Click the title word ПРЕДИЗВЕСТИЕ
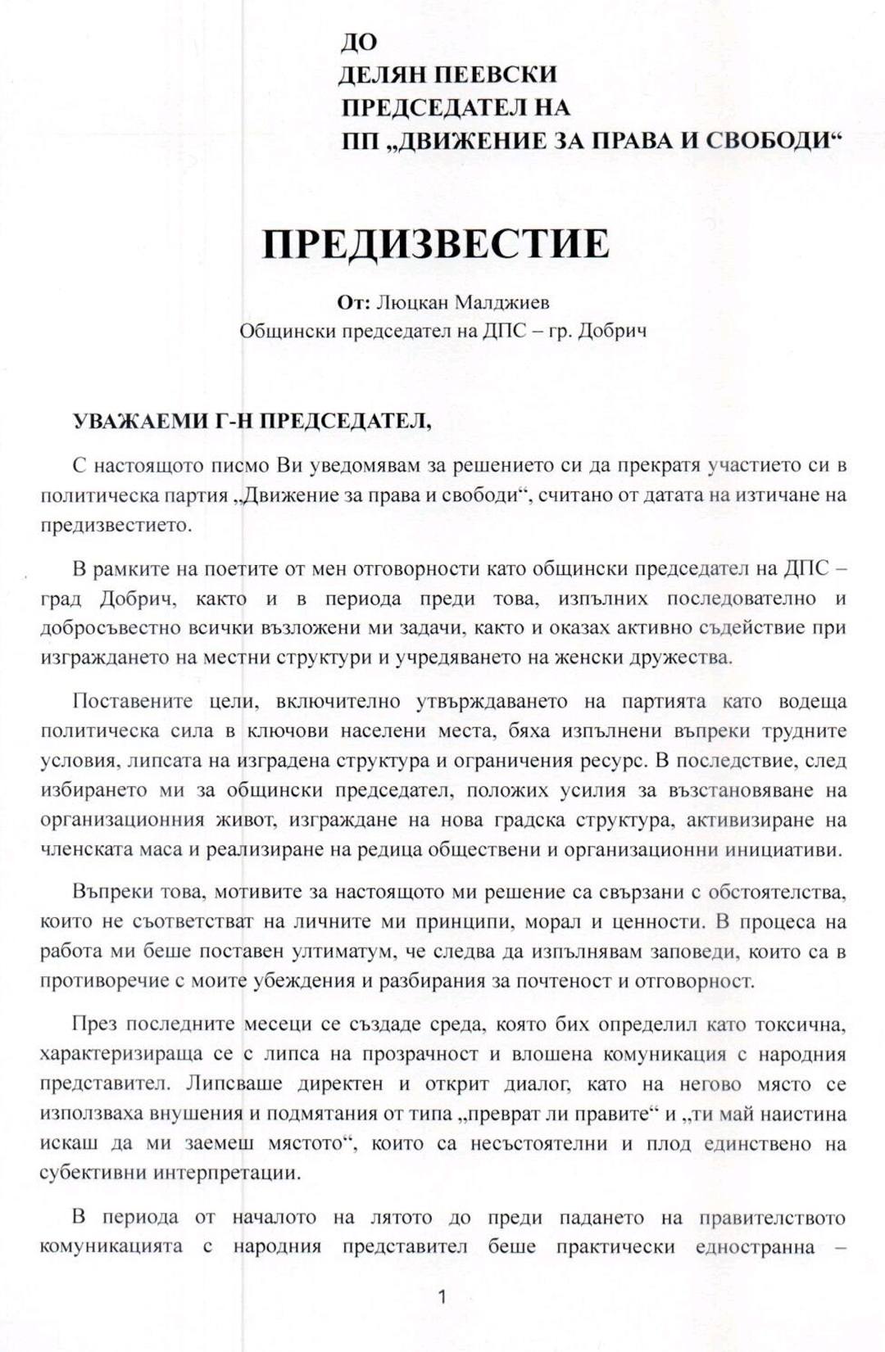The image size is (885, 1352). point(435,243)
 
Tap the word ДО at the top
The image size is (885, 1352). point(359,41)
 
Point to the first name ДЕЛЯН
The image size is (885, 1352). point(380,75)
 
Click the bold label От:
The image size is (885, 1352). point(353,302)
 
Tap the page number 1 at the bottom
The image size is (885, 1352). point(442,1296)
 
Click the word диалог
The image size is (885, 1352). point(537,1083)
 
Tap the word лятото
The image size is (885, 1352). point(402,1217)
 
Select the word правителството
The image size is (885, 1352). point(772,1218)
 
